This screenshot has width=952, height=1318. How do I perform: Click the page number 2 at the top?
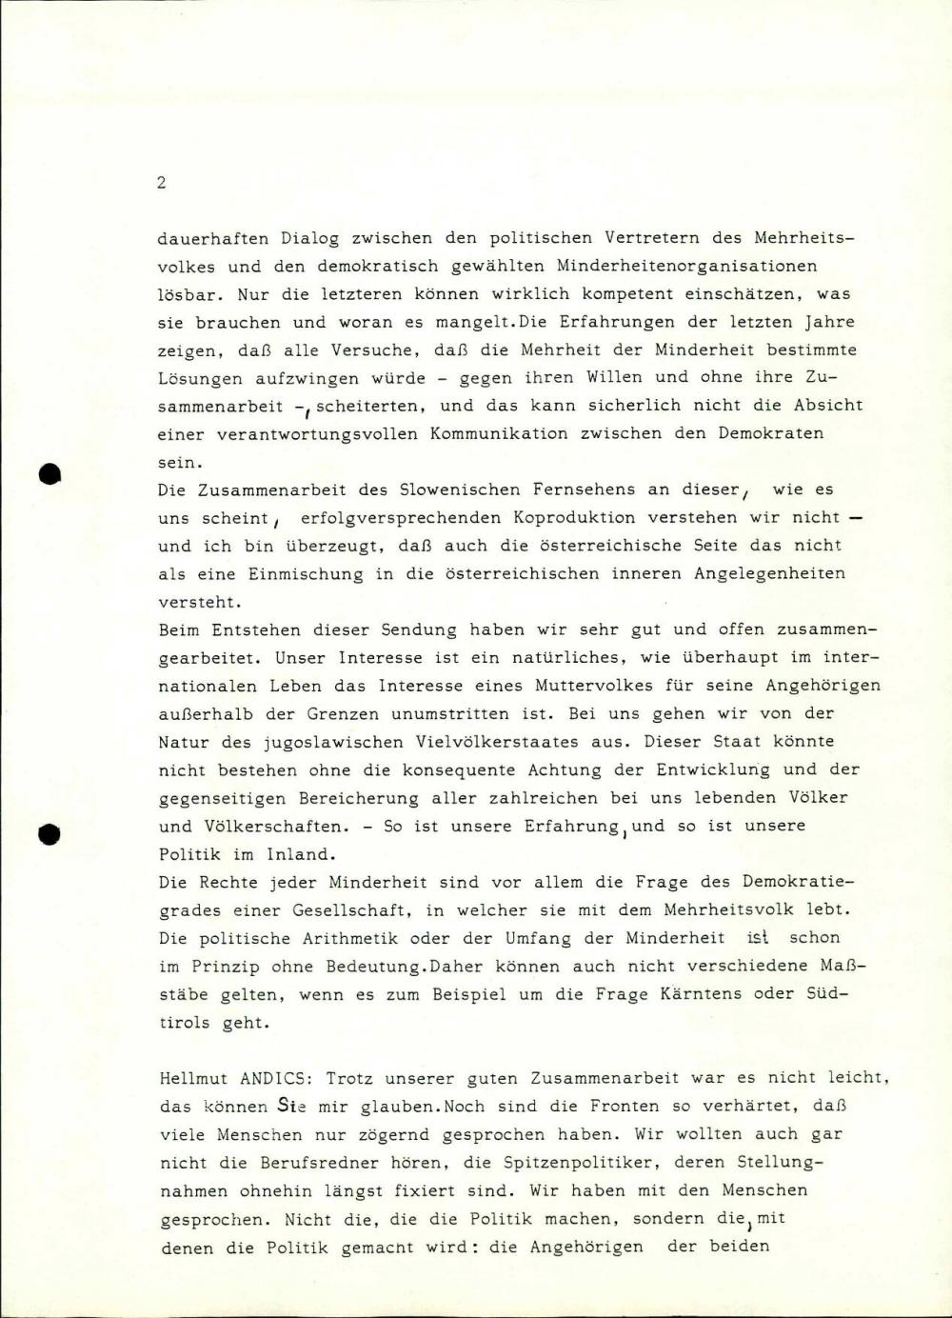(161, 183)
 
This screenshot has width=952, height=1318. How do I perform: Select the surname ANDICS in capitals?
(274, 1079)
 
